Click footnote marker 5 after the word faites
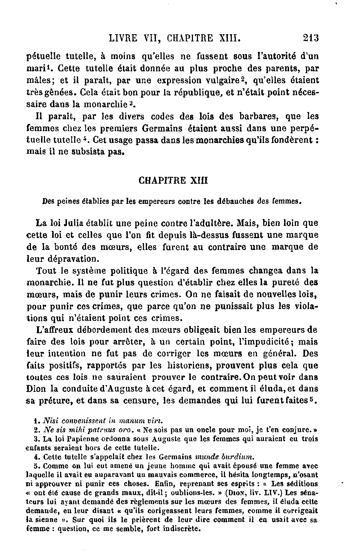coord(313,399)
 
